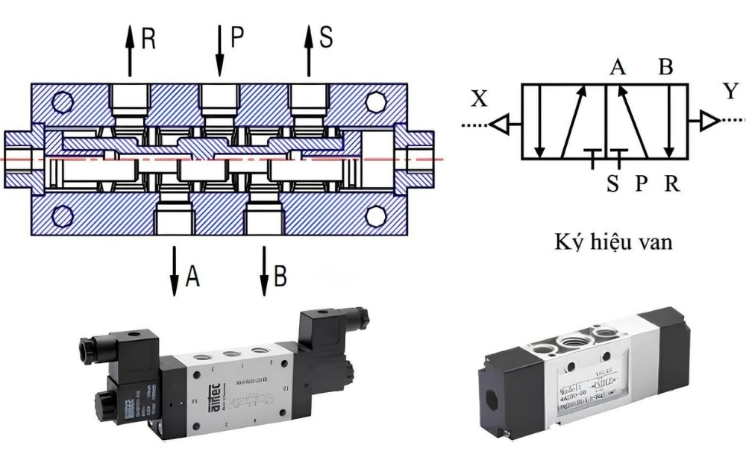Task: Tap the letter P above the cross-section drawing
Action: click(x=237, y=37)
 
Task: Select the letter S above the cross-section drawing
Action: click(x=326, y=37)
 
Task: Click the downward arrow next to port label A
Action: click(x=174, y=269)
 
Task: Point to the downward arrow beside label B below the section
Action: click(x=264, y=269)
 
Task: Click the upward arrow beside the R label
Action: click(x=131, y=49)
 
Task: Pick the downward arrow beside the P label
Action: click(x=220, y=49)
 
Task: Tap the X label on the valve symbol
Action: click(x=479, y=98)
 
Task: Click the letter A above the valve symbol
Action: click(x=617, y=68)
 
